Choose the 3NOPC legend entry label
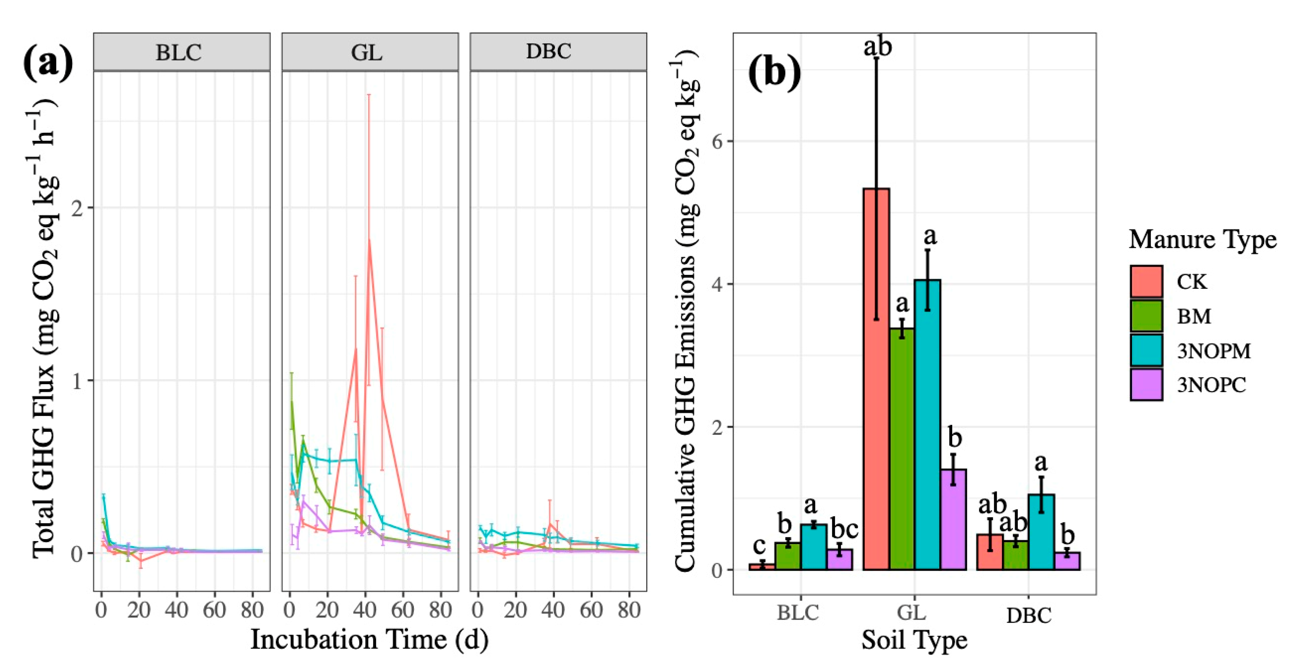[x=1211, y=385]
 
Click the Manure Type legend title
[x=1202, y=240]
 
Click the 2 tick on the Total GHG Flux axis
[x=77, y=208]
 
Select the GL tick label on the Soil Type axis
[x=912, y=613]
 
